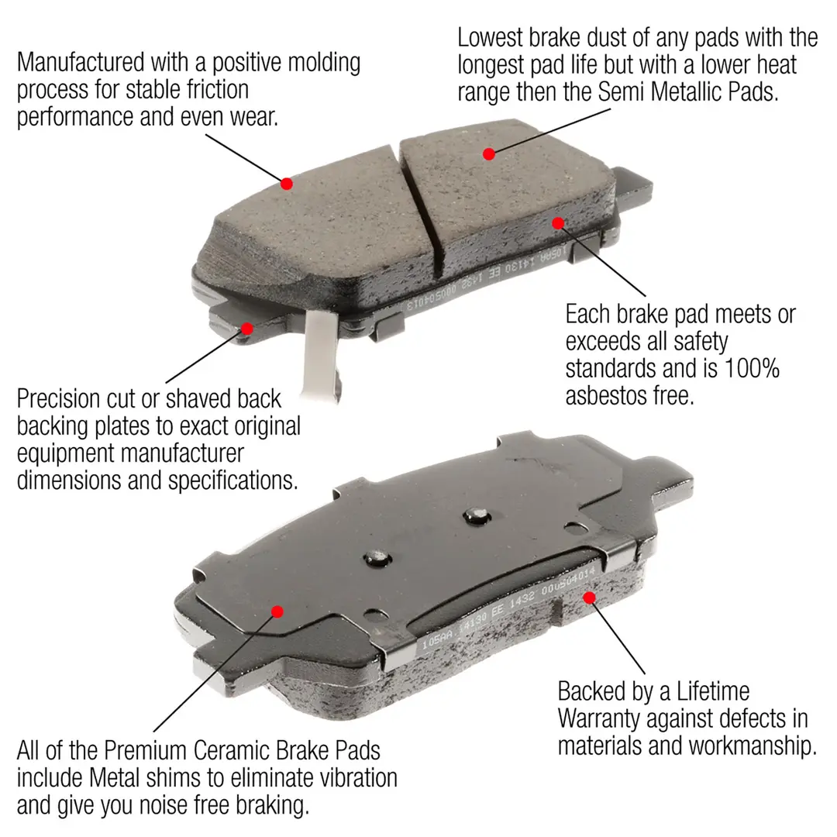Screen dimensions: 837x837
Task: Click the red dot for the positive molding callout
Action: [287, 184]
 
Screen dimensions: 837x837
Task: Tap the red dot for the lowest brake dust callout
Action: [488, 153]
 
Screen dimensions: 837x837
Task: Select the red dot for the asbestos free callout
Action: [557, 223]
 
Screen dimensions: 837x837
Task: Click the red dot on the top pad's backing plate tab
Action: [246, 328]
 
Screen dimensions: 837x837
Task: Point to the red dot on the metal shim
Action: [277, 611]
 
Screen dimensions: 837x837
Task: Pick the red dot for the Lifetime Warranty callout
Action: [589, 598]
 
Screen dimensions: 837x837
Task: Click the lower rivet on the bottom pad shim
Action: [377, 556]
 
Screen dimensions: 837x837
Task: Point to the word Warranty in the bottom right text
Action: [599, 718]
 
